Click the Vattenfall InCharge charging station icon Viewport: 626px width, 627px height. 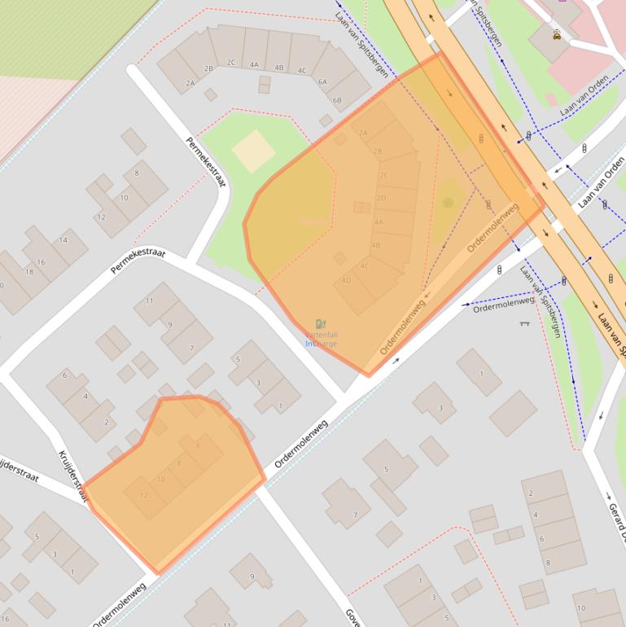321,324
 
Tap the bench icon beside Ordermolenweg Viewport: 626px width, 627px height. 523,323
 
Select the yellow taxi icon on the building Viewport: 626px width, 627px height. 556,35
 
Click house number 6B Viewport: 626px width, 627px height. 337,100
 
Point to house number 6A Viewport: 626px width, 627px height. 322,82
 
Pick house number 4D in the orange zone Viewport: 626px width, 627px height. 346,280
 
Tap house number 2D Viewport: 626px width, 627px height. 381,198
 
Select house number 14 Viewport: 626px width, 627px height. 63,240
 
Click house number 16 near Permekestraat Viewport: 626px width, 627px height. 41,262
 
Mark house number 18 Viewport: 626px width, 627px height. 29,271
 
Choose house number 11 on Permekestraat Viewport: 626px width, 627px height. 149,301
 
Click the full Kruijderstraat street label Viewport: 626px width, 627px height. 71,476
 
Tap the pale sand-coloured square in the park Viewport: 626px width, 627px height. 254,151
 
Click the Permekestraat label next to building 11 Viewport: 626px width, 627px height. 138,264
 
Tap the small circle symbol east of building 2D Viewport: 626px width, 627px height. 448,202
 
